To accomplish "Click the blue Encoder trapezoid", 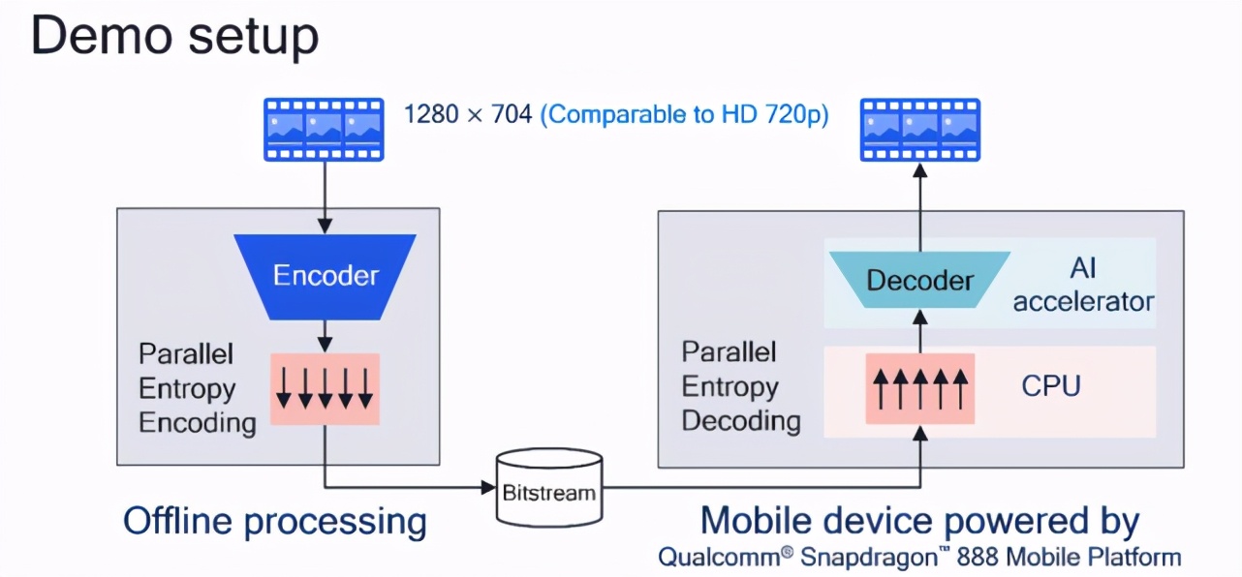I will (326, 276).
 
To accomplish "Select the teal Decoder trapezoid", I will (919, 280).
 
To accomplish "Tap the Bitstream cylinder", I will (547, 489).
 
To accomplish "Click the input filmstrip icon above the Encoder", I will (324, 130).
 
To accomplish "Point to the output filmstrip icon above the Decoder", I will (920, 130).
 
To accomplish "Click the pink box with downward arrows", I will (325, 388).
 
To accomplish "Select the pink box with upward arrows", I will (920, 388).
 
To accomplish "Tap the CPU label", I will (1051, 386).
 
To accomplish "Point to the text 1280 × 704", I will (468, 114).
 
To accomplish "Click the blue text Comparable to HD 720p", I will (684, 114).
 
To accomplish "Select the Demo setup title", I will (174, 37).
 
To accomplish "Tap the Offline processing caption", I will (274, 522).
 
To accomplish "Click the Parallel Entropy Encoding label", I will (198, 388).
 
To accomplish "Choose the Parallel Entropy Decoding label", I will (741, 386).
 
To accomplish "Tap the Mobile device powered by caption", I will (919, 521).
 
